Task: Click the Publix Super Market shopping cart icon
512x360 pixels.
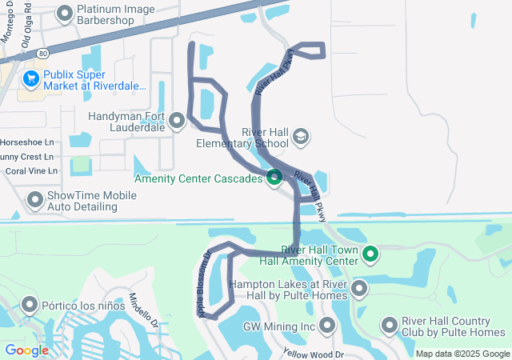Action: pyautogui.click(x=31, y=78)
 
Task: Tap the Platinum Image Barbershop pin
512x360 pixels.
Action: pyautogui.click(x=64, y=13)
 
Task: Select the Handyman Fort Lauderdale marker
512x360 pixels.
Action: pyautogui.click(x=177, y=121)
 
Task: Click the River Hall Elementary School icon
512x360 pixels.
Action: pyautogui.click(x=300, y=137)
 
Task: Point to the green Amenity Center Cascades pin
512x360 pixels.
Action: pyautogui.click(x=274, y=178)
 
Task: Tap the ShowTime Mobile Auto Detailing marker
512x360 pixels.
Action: pyautogui.click(x=35, y=199)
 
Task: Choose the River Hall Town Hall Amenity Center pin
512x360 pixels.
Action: pyautogui.click(x=370, y=254)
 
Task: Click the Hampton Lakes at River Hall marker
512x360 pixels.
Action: pyautogui.click(x=359, y=288)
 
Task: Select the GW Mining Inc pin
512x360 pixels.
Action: pyautogui.click(x=326, y=326)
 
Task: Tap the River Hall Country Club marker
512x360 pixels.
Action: pyautogui.click(x=390, y=326)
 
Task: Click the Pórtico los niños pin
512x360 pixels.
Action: pyautogui.click(x=30, y=305)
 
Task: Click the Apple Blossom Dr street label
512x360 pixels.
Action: pyautogui.click(x=203, y=285)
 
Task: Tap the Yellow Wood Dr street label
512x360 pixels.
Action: pyautogui.click(x=313, y=353)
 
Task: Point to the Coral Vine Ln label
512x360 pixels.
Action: pyautogui.click(x=32, y=170)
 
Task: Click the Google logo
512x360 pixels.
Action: pyautogui.click(x=26, y=350)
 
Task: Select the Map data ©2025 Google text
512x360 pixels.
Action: pyautogui.click(x=462, y=354)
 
